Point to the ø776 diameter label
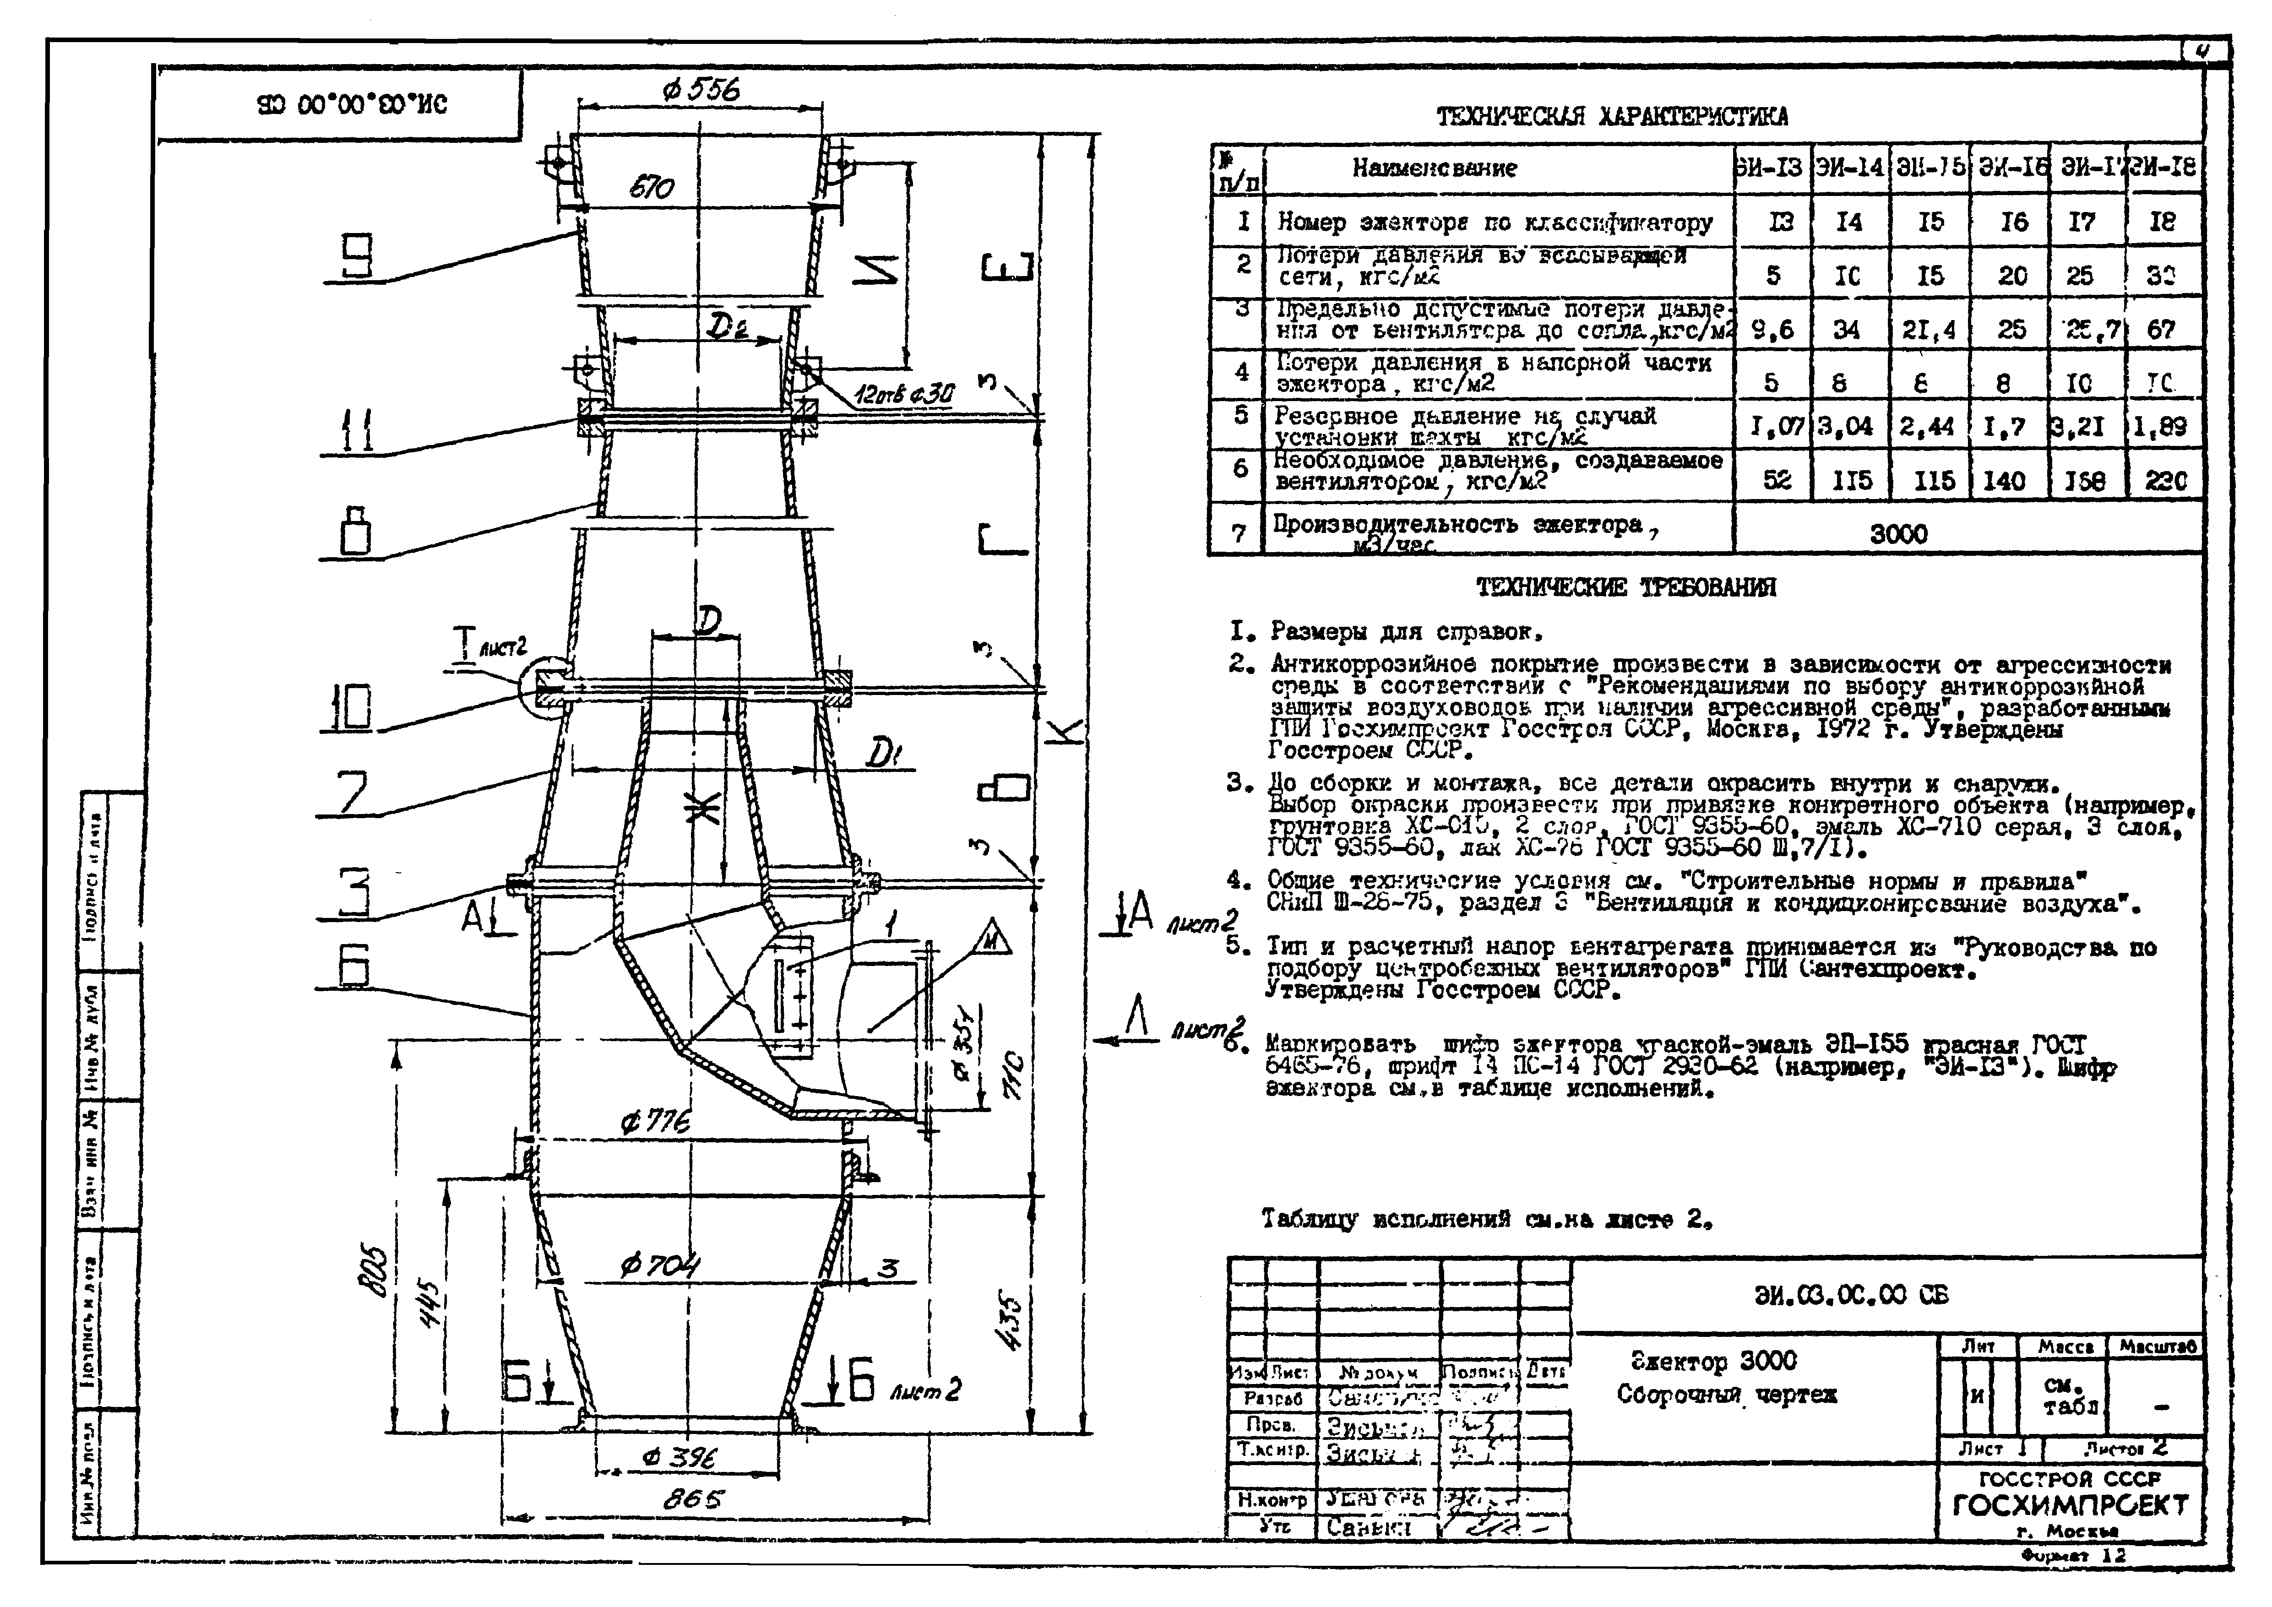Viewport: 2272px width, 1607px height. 655,1122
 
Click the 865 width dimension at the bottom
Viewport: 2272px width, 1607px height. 693,1499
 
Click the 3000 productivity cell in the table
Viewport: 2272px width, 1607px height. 1898,534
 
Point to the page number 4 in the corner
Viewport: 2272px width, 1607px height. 2203,51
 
